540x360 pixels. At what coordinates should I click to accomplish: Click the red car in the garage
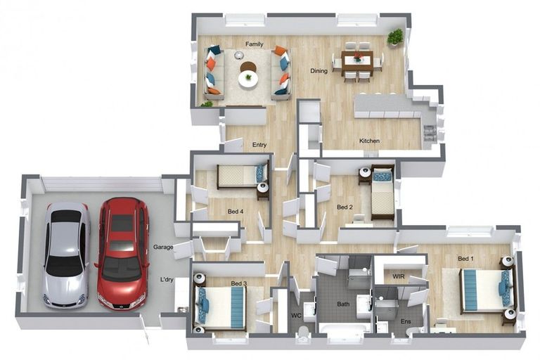(x=123, y=254)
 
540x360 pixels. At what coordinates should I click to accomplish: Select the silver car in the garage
(x=65, y=255)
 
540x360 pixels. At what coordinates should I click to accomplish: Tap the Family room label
(x=254, y=44)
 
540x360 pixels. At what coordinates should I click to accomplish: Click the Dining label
(x=319, y=70)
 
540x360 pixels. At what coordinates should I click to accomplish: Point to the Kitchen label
(x=370, y=141)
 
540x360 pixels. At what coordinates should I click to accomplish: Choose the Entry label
(x=259, y=145)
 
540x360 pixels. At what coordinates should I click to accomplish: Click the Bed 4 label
(x=236, y=211)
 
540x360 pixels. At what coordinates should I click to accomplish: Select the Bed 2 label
(x=345, y=207)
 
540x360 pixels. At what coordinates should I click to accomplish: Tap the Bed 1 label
(x=465, y=258)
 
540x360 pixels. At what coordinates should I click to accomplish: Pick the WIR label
(x=399, y=276)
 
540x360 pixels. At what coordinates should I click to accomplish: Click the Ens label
(x=406, y=321)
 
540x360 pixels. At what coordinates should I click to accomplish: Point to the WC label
(x=296, y=315)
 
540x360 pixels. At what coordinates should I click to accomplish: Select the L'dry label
(x=167, y=279)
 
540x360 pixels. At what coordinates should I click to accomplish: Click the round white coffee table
(x=248, y=79)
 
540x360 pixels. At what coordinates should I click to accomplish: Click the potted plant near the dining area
(x=395, y=37)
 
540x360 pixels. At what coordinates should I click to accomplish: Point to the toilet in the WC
(x=304, y=333)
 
